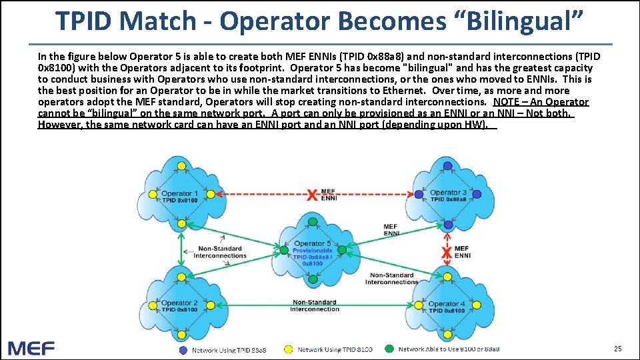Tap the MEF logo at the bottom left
point(31,347)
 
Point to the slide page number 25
point(617,348)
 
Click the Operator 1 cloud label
point(179,193)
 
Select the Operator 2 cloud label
point(179,303)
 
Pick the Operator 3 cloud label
point(448,193)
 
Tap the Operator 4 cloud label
point(447,304)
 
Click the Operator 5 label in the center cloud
point(313,243)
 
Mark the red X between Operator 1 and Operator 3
point(311,195)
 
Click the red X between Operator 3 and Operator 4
point(447,253)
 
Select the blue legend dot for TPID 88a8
point(183,349)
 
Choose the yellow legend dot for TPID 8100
point(289,349)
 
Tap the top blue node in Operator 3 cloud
point(448,165)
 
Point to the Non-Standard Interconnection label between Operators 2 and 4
point(315,305)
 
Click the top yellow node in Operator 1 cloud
point(179,166)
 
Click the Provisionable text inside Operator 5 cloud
point(313,251)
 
